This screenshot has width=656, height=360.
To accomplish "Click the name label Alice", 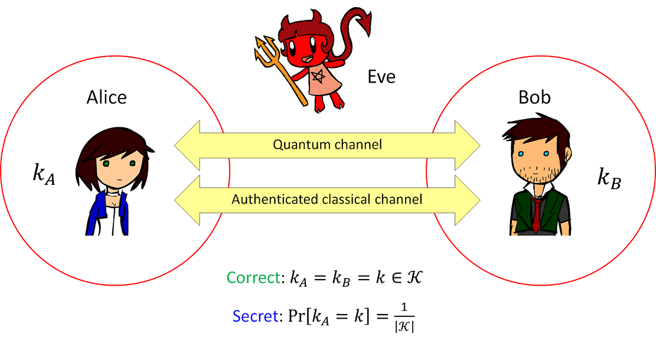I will click(106, 97).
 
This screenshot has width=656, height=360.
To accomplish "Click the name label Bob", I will click(534, 97).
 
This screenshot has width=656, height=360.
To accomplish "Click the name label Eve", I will click(381, 77).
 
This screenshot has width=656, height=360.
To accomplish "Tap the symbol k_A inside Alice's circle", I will click(43, 175).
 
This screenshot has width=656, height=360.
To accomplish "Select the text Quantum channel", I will click(327, 145).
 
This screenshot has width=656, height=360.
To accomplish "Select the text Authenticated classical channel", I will click(327, 199).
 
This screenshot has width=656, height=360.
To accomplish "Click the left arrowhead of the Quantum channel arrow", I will click(188, 145).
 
